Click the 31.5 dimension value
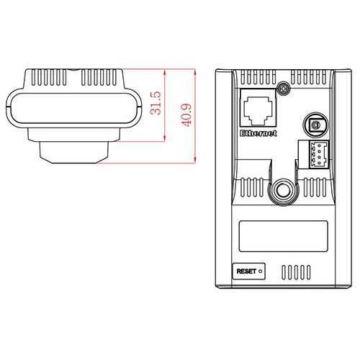click(x=156, y=103)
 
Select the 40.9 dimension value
click(x=186, y=115)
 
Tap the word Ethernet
click(x=258, y=133)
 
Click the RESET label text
click(x=246, y=271)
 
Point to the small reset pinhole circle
click(x=261, y=271)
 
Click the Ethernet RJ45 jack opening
click(x=258, y=111)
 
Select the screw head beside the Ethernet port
click(x=284, y=89)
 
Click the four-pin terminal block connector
click(x=314, y=154)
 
